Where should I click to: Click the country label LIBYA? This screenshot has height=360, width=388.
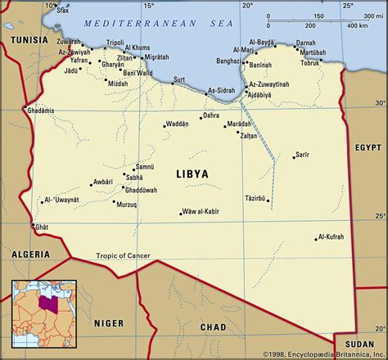tap(192, 174)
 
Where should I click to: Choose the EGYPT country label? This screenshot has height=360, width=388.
tap(369, 147)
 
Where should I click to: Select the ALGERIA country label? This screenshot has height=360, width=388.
tap(29, 254)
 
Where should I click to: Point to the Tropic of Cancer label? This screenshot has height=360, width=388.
tap(123, 256)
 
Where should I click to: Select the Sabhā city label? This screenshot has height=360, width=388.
tap(134, 177)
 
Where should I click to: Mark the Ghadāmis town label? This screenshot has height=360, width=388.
tap(40, 110)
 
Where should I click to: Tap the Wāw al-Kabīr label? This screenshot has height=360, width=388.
tap(200, 213)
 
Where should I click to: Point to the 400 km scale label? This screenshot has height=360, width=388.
tap(358, 26)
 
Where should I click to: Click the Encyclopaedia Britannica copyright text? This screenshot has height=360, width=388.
tap(323, 354)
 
